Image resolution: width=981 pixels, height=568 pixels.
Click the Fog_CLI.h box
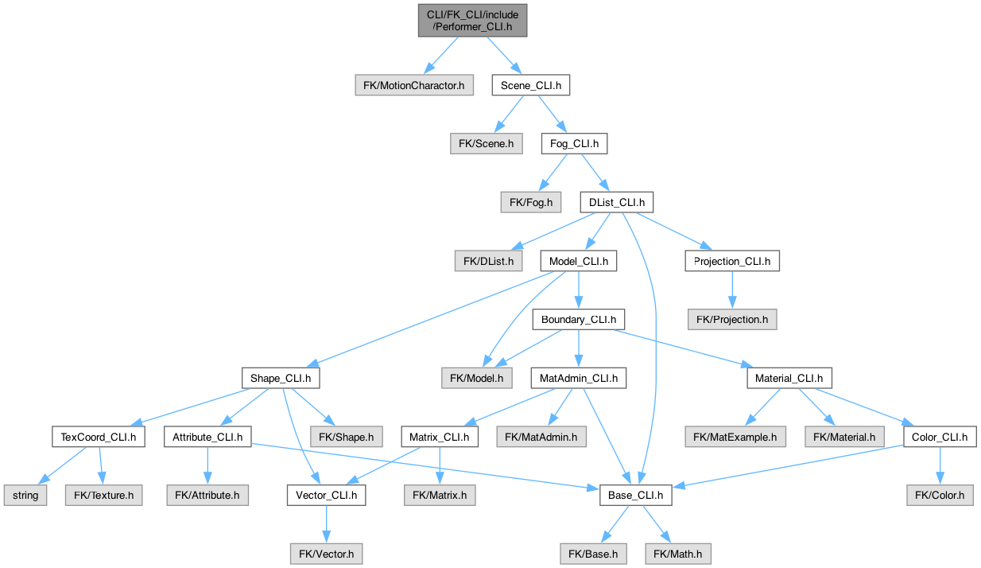point(574,144)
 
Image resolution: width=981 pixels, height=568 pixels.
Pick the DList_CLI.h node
point(616,202)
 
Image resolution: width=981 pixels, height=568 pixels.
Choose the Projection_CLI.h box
point(732,260)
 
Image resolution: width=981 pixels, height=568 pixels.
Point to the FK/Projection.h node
point(732,319)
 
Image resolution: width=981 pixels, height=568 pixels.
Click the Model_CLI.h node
point(578,260)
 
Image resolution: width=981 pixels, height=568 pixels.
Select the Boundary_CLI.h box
point(578,319)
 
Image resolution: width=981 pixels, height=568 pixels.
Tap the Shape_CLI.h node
point(281,378)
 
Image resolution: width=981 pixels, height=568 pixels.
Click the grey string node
point(25,495)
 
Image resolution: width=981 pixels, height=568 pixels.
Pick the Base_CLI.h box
point(635,495)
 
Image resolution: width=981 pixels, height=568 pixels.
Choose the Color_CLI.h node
point(940,437)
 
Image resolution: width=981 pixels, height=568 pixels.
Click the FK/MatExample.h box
point(735,437)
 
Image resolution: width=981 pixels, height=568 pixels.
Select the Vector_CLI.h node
point(326,495)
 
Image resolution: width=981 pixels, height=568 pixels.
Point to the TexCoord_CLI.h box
point(98,437)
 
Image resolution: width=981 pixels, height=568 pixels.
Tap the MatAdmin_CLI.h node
point(578,378)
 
